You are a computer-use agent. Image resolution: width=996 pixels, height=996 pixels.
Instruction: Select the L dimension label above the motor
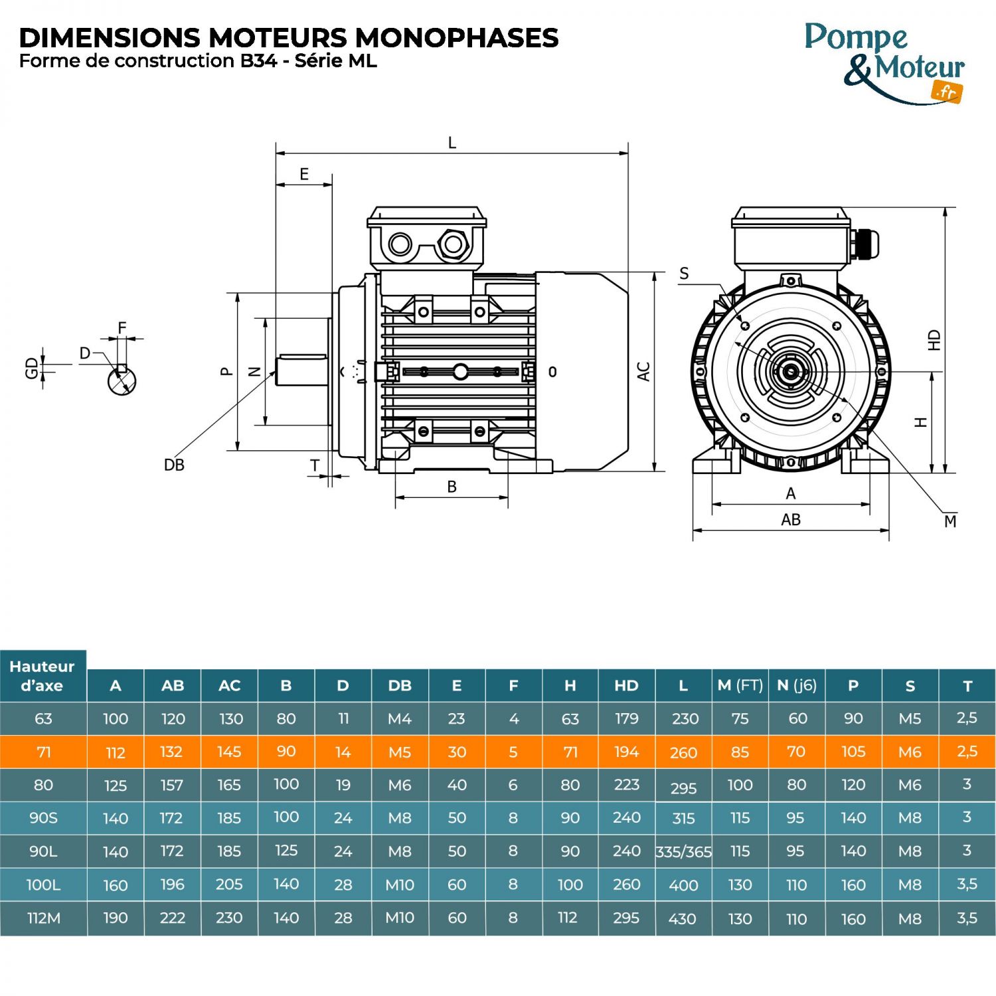point(452,143)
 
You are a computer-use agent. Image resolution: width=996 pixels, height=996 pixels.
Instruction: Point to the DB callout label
point(174,465)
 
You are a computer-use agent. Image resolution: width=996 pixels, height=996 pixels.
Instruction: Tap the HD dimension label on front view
point(934,340)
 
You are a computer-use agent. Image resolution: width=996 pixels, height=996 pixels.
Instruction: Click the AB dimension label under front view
point(790,520)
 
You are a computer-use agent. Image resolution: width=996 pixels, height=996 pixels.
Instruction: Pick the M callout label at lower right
point(950,521)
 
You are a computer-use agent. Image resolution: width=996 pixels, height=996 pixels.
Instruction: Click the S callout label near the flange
point(684,274)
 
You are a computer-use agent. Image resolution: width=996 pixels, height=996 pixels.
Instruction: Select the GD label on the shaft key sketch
point(31,368)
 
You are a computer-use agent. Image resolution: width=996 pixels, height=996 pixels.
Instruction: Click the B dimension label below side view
point(452,487)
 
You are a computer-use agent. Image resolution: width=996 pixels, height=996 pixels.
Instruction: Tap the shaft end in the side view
point(301,371)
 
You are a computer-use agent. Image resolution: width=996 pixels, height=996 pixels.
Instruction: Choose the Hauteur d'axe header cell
point(42,676)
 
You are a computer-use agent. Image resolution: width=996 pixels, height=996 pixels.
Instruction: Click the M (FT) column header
point(740,685)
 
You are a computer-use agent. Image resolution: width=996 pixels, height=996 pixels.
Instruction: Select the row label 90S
point(43,818)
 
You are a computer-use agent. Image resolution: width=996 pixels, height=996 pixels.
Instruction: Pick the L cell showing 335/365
point(683,852)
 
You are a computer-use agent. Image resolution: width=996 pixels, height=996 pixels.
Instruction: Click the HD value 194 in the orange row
point(626,752)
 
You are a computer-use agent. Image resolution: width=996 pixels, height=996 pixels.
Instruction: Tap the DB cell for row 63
point(400,718)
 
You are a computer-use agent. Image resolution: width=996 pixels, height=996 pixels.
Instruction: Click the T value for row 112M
point(967,918)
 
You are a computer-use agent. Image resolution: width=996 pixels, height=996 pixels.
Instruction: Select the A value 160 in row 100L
point(116,885)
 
